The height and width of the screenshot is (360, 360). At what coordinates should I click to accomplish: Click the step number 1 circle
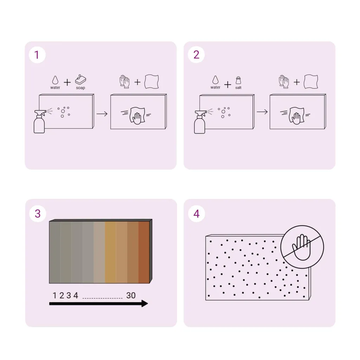tap(37, 55)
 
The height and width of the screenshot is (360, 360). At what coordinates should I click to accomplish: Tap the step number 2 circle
tap(196, 54)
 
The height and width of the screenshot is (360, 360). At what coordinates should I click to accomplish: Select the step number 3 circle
tap(38, 214)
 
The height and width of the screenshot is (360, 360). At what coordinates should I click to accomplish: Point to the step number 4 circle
tap(197, 214)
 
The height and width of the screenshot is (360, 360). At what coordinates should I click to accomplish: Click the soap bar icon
tap(81, 79)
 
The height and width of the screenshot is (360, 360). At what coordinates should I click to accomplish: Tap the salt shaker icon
tap(238, 81)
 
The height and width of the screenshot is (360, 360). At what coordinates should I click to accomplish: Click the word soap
tap(81, 88)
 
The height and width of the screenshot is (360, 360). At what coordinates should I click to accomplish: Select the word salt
tap(238, 88)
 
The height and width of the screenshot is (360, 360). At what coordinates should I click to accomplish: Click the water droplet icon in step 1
tap(55, 80)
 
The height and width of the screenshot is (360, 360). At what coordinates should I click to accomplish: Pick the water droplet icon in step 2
tap(216, 80)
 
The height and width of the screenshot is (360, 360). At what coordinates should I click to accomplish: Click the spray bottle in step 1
tap(39, 122)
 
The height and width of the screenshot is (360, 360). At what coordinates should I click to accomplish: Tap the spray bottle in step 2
tap(200, 122)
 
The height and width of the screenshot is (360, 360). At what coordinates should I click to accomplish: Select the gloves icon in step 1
tap(124, 82)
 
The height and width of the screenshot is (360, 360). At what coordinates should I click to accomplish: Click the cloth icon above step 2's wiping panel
tap(311, 82)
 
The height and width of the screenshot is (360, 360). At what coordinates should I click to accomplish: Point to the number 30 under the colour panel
tap(131, 295)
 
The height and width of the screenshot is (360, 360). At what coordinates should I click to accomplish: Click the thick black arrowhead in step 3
tap(144, 303)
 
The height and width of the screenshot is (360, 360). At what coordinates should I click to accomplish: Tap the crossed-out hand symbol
tap(302, 247)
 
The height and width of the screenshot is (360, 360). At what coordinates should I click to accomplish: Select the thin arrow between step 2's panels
tap(262, 112)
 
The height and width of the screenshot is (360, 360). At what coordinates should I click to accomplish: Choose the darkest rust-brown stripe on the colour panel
tap(144, 252)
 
